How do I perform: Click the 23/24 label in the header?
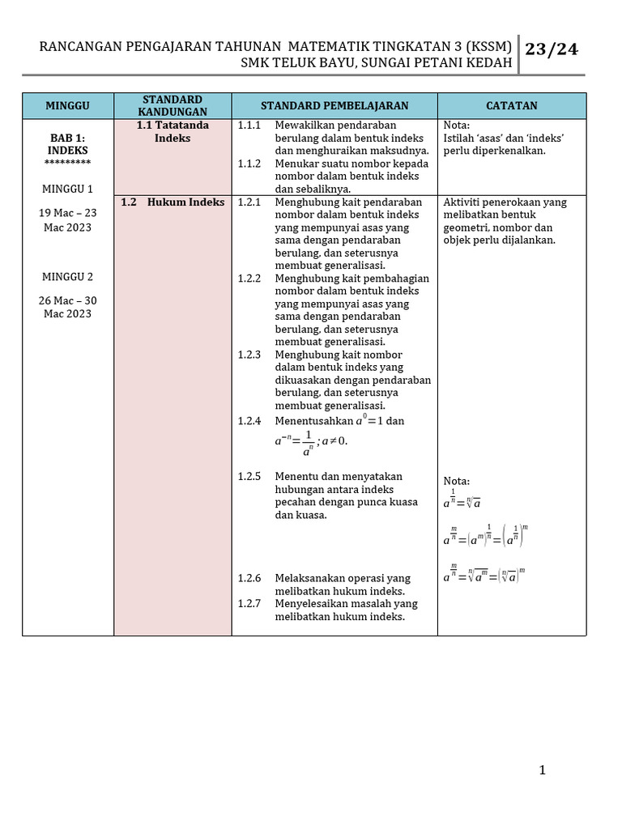click(x=552, y=50)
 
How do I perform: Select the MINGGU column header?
click(x=68, y=106)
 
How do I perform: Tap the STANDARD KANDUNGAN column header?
click(x=173, y=106)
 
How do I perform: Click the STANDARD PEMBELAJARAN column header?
click(x=334, y=106)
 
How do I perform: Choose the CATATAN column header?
click(x=511, y=106)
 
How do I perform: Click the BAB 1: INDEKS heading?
click(x=68, y=144)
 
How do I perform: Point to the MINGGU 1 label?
click(x=68, y=189)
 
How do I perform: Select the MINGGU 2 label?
click(x=68, y=277)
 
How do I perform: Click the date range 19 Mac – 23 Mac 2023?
click(x=68, y=220)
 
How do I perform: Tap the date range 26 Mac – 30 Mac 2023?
click(x=68, y=307)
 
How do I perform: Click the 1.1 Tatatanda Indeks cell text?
click(x=173, y=132)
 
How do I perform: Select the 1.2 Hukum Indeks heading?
click(x=173, y=202)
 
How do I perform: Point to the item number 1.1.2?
click(x=249, y=164)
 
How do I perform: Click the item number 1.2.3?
click(x=249, y=355)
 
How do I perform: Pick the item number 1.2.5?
click(x=249, y=476)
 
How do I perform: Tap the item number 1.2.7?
click(x=249, y=604)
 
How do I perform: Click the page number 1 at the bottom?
click(x=543, y=770)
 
